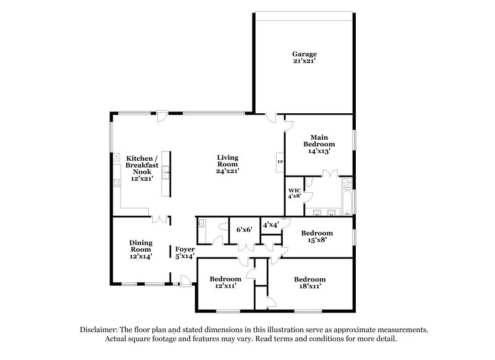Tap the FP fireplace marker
point(280,162)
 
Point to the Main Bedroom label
point(319,140)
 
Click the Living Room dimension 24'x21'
point(228,171)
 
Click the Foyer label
point(184,249)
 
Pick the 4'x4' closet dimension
point(271,225)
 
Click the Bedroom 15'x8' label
point(317,233)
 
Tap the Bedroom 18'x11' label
point(309,278)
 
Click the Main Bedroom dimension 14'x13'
point(319,150)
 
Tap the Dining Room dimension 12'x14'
point(141,255)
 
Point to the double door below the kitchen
point(160,218)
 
